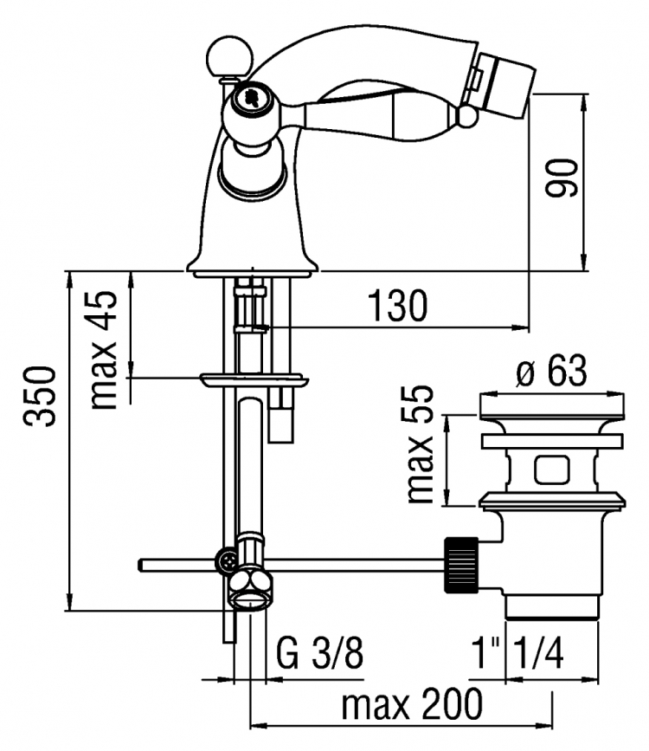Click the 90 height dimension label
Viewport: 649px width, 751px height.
(x=562, y=177)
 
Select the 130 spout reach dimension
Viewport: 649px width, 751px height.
(x=397, y=305)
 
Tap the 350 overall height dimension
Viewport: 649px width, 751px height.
(x=40, y=396)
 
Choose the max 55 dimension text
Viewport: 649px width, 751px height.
(x=420, y=443)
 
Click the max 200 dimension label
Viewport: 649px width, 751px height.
(x=412, y=703)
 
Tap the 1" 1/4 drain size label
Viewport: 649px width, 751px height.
(x=517, y=653)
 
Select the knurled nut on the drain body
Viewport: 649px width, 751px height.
(x=461, y=565)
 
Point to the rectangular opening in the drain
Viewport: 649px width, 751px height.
(x=552, y=469)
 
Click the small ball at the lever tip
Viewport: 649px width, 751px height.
(x=466, y=116)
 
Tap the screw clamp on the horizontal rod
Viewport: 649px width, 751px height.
(x=226, y=560)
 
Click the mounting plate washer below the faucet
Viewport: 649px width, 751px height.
(x=254, y=380)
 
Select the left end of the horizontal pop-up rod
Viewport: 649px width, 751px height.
(x=138, y=565)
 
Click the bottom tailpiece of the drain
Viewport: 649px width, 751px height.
(x=552, y=608)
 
